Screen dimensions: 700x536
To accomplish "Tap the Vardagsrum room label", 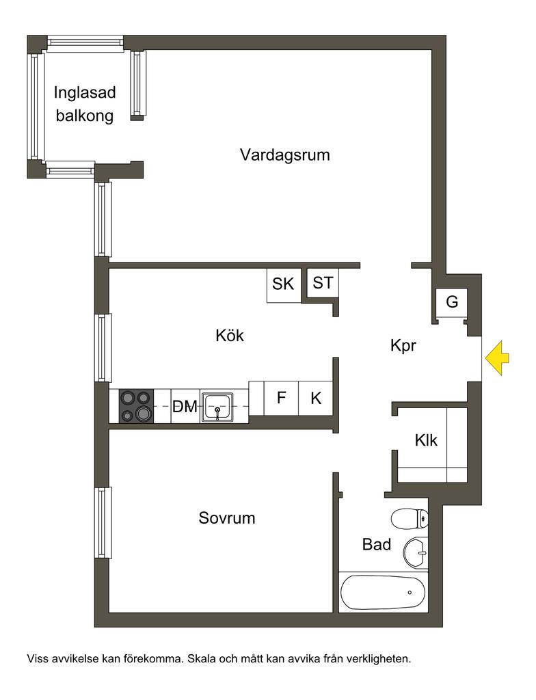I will click(x=284, y=154).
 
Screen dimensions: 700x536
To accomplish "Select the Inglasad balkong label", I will click(x=85, y=104).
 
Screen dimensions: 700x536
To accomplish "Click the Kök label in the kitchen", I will click(x=230, y=336).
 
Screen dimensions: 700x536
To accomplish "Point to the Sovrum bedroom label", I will click(x=227, y=518).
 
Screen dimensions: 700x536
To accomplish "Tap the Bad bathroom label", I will click(x=377, y=545).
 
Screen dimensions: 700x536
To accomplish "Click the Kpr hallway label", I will click(x=403, y=346).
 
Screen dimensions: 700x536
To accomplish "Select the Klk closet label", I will click(x=426, y=441).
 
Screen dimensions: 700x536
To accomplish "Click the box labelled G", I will click(x=452, y=301).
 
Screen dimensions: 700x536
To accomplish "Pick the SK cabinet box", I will click(x=283, y=284).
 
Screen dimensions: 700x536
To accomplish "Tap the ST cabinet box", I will click(x=323, y=282).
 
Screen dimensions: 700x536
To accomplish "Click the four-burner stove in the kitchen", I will click(x=136, y=406).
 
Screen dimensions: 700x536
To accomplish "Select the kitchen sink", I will click(x=218, y=407).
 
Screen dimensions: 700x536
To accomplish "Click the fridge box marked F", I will click(x=281, y=398).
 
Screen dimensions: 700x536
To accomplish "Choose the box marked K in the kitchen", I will click(x=316, y=398).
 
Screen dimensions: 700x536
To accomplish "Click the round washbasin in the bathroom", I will click(x=415, y=552).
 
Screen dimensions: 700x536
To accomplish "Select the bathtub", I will click(x=383, y=592).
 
